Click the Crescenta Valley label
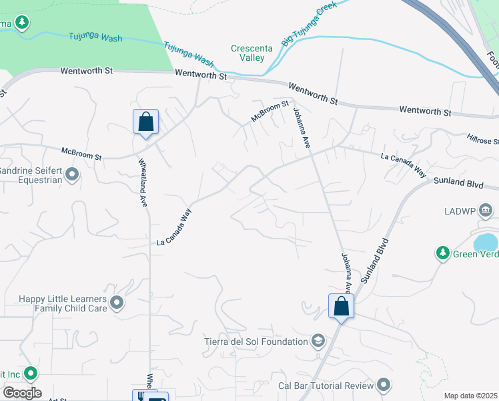point(247,53)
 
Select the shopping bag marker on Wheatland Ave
point(145,122)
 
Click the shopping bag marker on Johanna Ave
point(341,307)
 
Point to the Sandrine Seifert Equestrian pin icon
point(73,175)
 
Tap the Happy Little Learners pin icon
point(117,303)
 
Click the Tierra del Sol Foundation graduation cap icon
point(318,342)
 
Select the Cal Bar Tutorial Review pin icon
point(383,385)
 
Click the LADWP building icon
point(486,211)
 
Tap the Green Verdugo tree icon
point(442,253)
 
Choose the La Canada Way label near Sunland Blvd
point(403,166)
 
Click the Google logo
point(22,393)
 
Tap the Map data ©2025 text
point(470,396)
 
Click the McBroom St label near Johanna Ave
point(269,111)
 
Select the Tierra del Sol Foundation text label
point(256,342)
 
